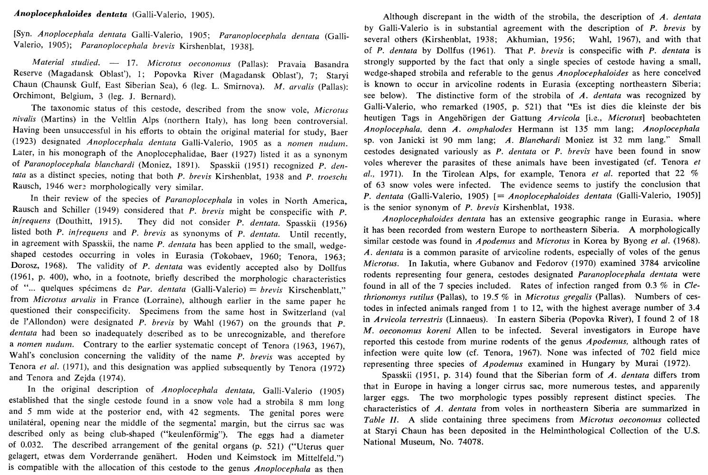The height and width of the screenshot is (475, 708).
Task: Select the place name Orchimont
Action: tap(28, 97)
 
